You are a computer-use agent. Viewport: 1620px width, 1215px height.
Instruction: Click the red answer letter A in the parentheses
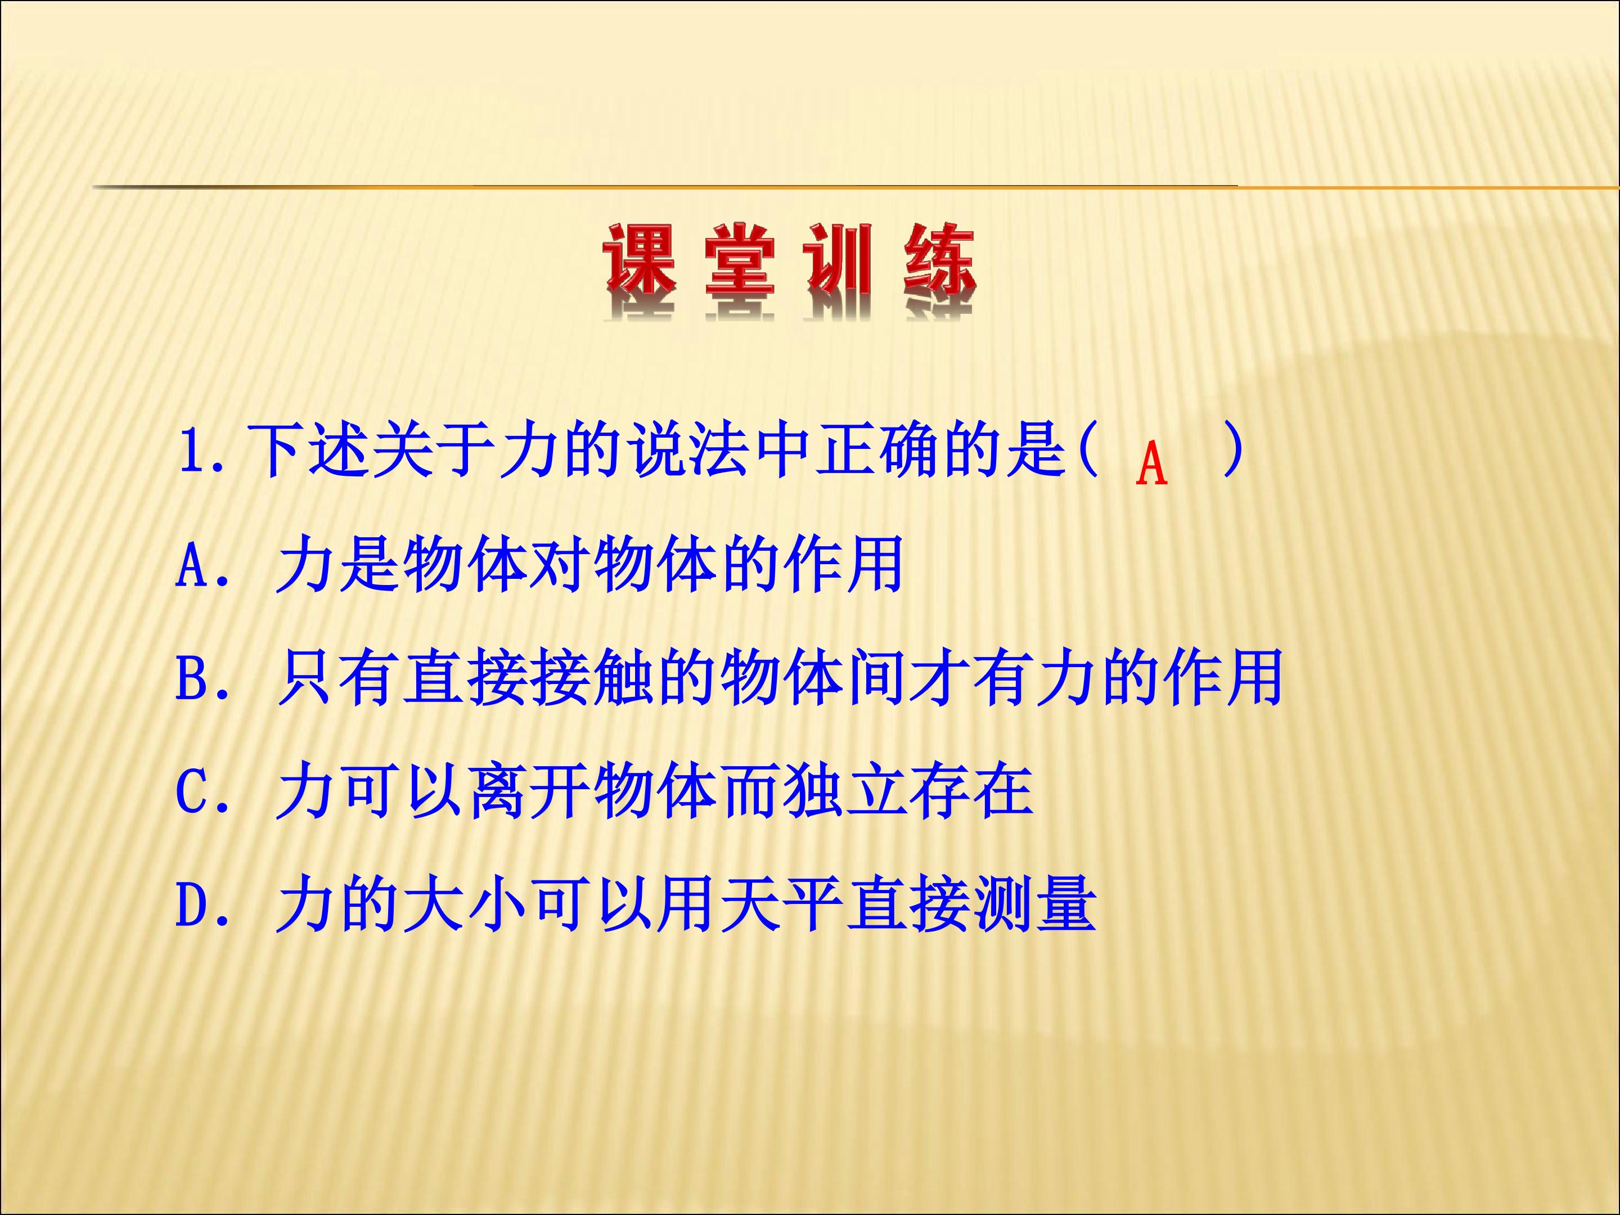[x=1151, y=464]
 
